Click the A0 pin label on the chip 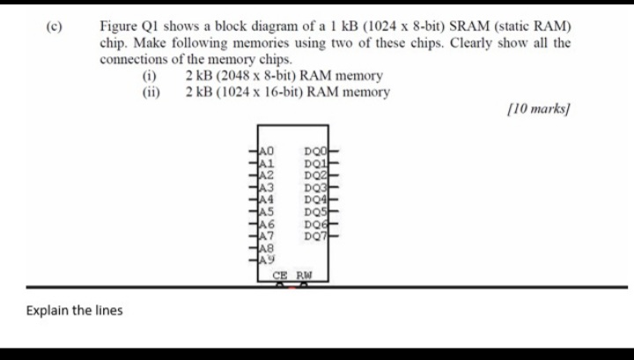click(267, 151)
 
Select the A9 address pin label click(267, 260)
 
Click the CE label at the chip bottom click(280, 276)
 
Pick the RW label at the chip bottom click(305, 276)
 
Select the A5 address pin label click(267, 212)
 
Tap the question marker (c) click(55, 26)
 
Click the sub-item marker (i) click(149, 76)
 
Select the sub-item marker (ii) click(151, 92)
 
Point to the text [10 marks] click(539, 108)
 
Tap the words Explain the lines click(74, 311)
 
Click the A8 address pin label click(267, 248)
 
